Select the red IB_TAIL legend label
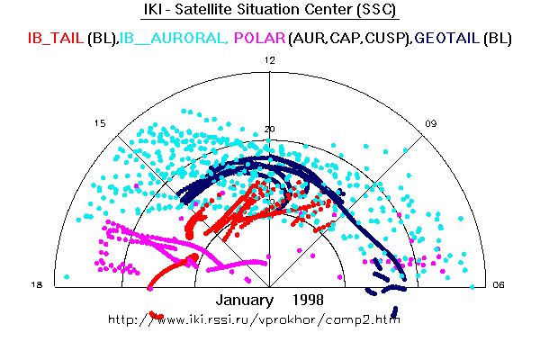point(58,39)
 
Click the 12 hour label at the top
point(269,59)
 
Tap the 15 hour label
point(100,123)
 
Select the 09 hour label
point(431,123)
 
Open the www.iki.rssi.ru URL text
point(254,319)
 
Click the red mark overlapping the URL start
point(157,316)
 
